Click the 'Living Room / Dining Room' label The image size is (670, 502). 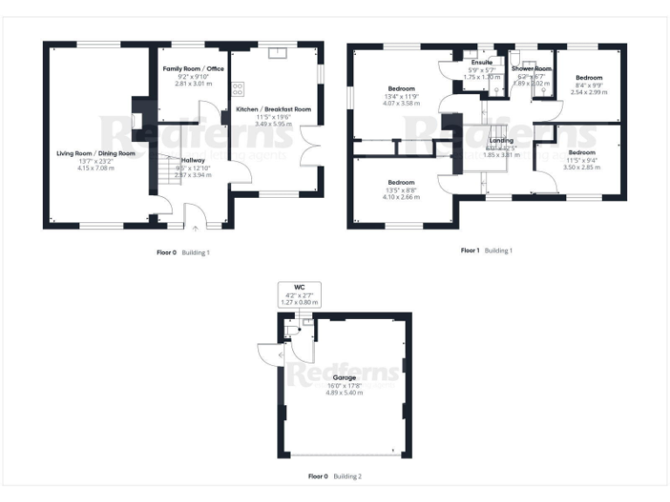(96, 153)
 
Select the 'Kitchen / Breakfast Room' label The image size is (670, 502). (274, 110)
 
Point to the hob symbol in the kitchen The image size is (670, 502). (237, 87)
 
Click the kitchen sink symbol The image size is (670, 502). (278, 52)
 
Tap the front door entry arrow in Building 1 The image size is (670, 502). (195, 226)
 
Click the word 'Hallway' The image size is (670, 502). (194, 160)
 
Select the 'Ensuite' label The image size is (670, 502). (482, 63)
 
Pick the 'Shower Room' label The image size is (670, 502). (531, 68)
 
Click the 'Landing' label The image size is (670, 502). (501, 140)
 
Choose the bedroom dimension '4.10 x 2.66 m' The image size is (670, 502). (401, 198)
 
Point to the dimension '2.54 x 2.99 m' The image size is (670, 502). (587, 92)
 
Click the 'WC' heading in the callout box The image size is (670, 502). (298, 287)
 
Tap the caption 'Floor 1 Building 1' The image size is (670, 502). (487, 251)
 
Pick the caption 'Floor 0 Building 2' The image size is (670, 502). (335, 477)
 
